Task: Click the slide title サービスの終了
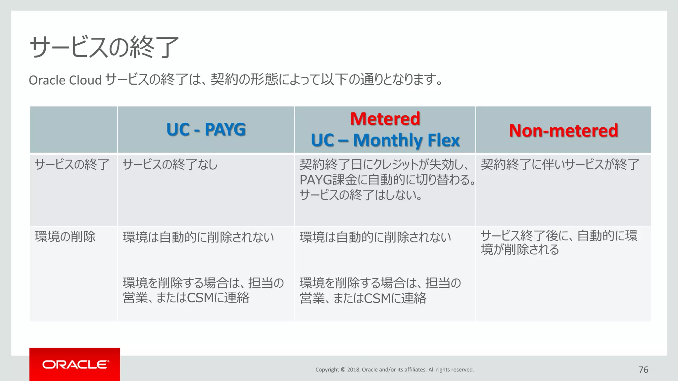(104, 47)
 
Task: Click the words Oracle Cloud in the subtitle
(65, 80)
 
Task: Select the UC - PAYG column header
(206, 129)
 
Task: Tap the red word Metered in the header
(385, 119)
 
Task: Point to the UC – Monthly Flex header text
(385, 140)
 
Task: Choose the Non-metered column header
(563, 130)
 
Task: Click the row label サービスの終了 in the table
(72, 164)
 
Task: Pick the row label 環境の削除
(65, 237)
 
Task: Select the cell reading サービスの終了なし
(170, 164)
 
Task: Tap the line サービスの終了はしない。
(361, 195)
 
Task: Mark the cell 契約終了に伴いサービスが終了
(560, 164)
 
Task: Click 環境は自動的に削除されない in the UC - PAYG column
(198, 237)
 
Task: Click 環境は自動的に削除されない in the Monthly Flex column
(375, 237)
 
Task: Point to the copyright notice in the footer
(395, 370)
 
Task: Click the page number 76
(643, 370)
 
